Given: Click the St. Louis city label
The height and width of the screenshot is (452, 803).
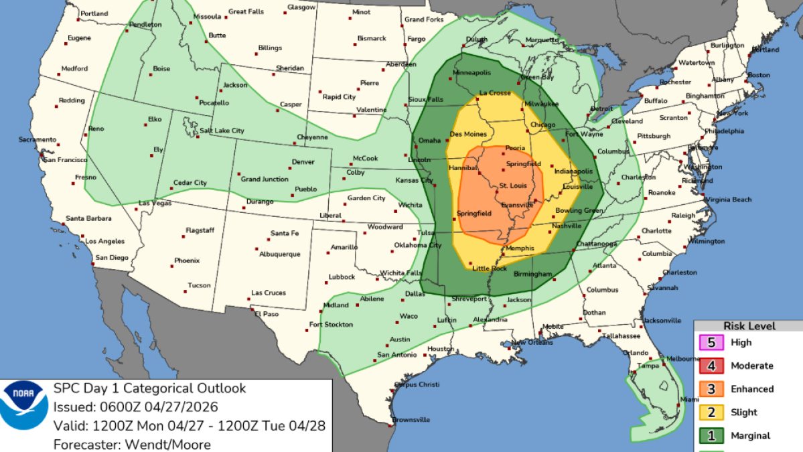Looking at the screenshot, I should tap(512, 185).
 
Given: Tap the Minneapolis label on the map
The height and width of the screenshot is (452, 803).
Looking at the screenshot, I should tap(472, 72).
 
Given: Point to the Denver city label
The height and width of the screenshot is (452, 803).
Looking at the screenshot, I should tap(303, 162).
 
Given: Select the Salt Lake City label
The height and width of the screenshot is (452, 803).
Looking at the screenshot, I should tap(222, 131).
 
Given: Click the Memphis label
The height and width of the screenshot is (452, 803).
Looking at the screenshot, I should tap(520, 248).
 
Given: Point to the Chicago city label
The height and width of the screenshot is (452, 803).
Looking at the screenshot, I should tap(542, 125).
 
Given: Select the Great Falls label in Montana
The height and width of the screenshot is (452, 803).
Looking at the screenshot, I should tap(246, 11).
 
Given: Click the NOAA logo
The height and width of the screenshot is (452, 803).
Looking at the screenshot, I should tap(23, 406).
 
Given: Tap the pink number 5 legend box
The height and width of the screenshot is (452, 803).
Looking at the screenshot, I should tap(713, 343).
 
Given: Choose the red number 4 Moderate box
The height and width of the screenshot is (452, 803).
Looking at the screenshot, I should tap(713, 366).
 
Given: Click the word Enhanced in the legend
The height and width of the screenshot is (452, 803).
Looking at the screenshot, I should tap(751, 389).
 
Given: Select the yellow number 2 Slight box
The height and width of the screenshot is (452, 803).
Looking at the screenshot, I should tap(713, 412).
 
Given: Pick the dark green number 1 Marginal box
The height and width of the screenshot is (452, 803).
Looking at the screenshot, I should tap(713, 436).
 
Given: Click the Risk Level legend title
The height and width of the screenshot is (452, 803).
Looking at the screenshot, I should tap(749, 326).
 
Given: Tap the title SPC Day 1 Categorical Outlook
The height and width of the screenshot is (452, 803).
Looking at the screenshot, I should tap(149, 388).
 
